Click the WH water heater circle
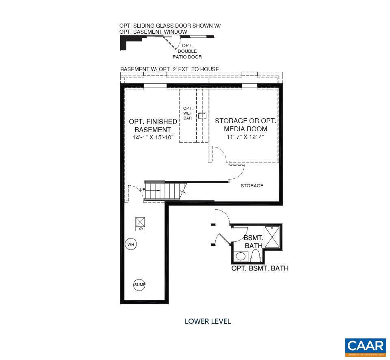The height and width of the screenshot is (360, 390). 130,244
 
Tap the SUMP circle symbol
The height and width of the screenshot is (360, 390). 139,285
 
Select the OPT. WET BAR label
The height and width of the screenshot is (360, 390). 188,113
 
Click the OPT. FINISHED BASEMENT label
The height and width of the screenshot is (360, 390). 153,126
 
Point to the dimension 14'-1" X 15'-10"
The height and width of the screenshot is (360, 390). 153,137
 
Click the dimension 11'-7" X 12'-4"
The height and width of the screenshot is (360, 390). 245,137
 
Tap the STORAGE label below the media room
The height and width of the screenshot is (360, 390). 252,186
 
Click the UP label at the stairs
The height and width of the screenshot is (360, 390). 143,190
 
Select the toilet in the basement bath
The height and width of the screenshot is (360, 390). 256,256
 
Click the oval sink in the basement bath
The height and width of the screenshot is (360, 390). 241,256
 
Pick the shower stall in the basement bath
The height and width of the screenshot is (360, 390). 272,236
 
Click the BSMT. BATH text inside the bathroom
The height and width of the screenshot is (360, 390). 253,242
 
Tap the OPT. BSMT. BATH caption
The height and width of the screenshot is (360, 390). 260,268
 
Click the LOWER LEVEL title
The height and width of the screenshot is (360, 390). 208,321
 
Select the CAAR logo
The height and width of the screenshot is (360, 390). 365,346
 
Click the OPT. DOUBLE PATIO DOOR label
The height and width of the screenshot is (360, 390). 187,51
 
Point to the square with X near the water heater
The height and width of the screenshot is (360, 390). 141,221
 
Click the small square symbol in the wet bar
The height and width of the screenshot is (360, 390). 202,116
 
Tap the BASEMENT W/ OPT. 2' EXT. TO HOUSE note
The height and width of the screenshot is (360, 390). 169,69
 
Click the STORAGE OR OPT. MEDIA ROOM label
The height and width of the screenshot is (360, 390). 245,125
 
